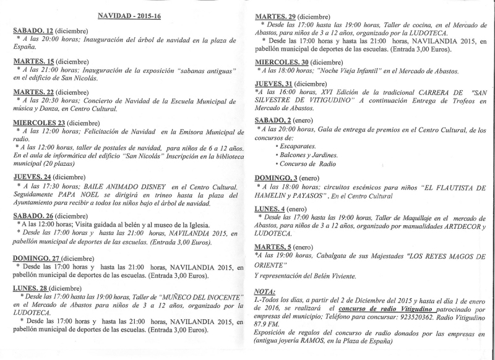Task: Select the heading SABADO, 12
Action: tap(33, 30)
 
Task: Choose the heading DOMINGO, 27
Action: tap(36, 257)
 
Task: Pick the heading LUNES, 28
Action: tap(30, 288)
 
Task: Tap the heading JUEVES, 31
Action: tap(274, 84)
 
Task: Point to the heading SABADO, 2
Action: tap(274, 121)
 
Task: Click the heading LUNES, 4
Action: tap(270, 208)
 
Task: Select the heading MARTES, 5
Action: tap(272, 247)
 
